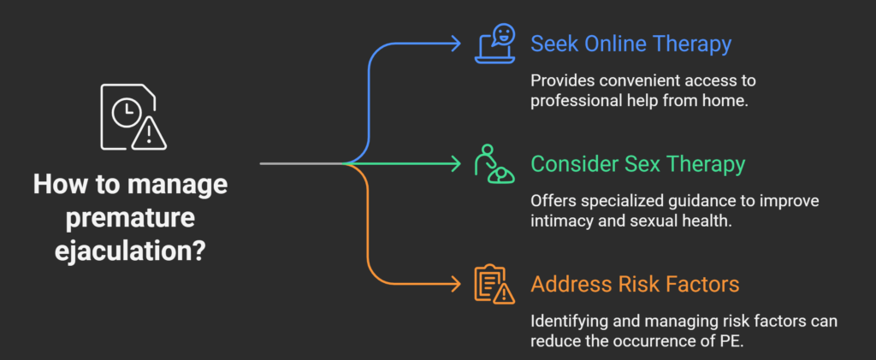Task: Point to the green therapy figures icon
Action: (494, 162)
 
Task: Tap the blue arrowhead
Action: (456, 43)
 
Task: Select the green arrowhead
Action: (456, 162)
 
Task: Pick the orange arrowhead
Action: (456, 283)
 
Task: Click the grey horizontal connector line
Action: (299, 162)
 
